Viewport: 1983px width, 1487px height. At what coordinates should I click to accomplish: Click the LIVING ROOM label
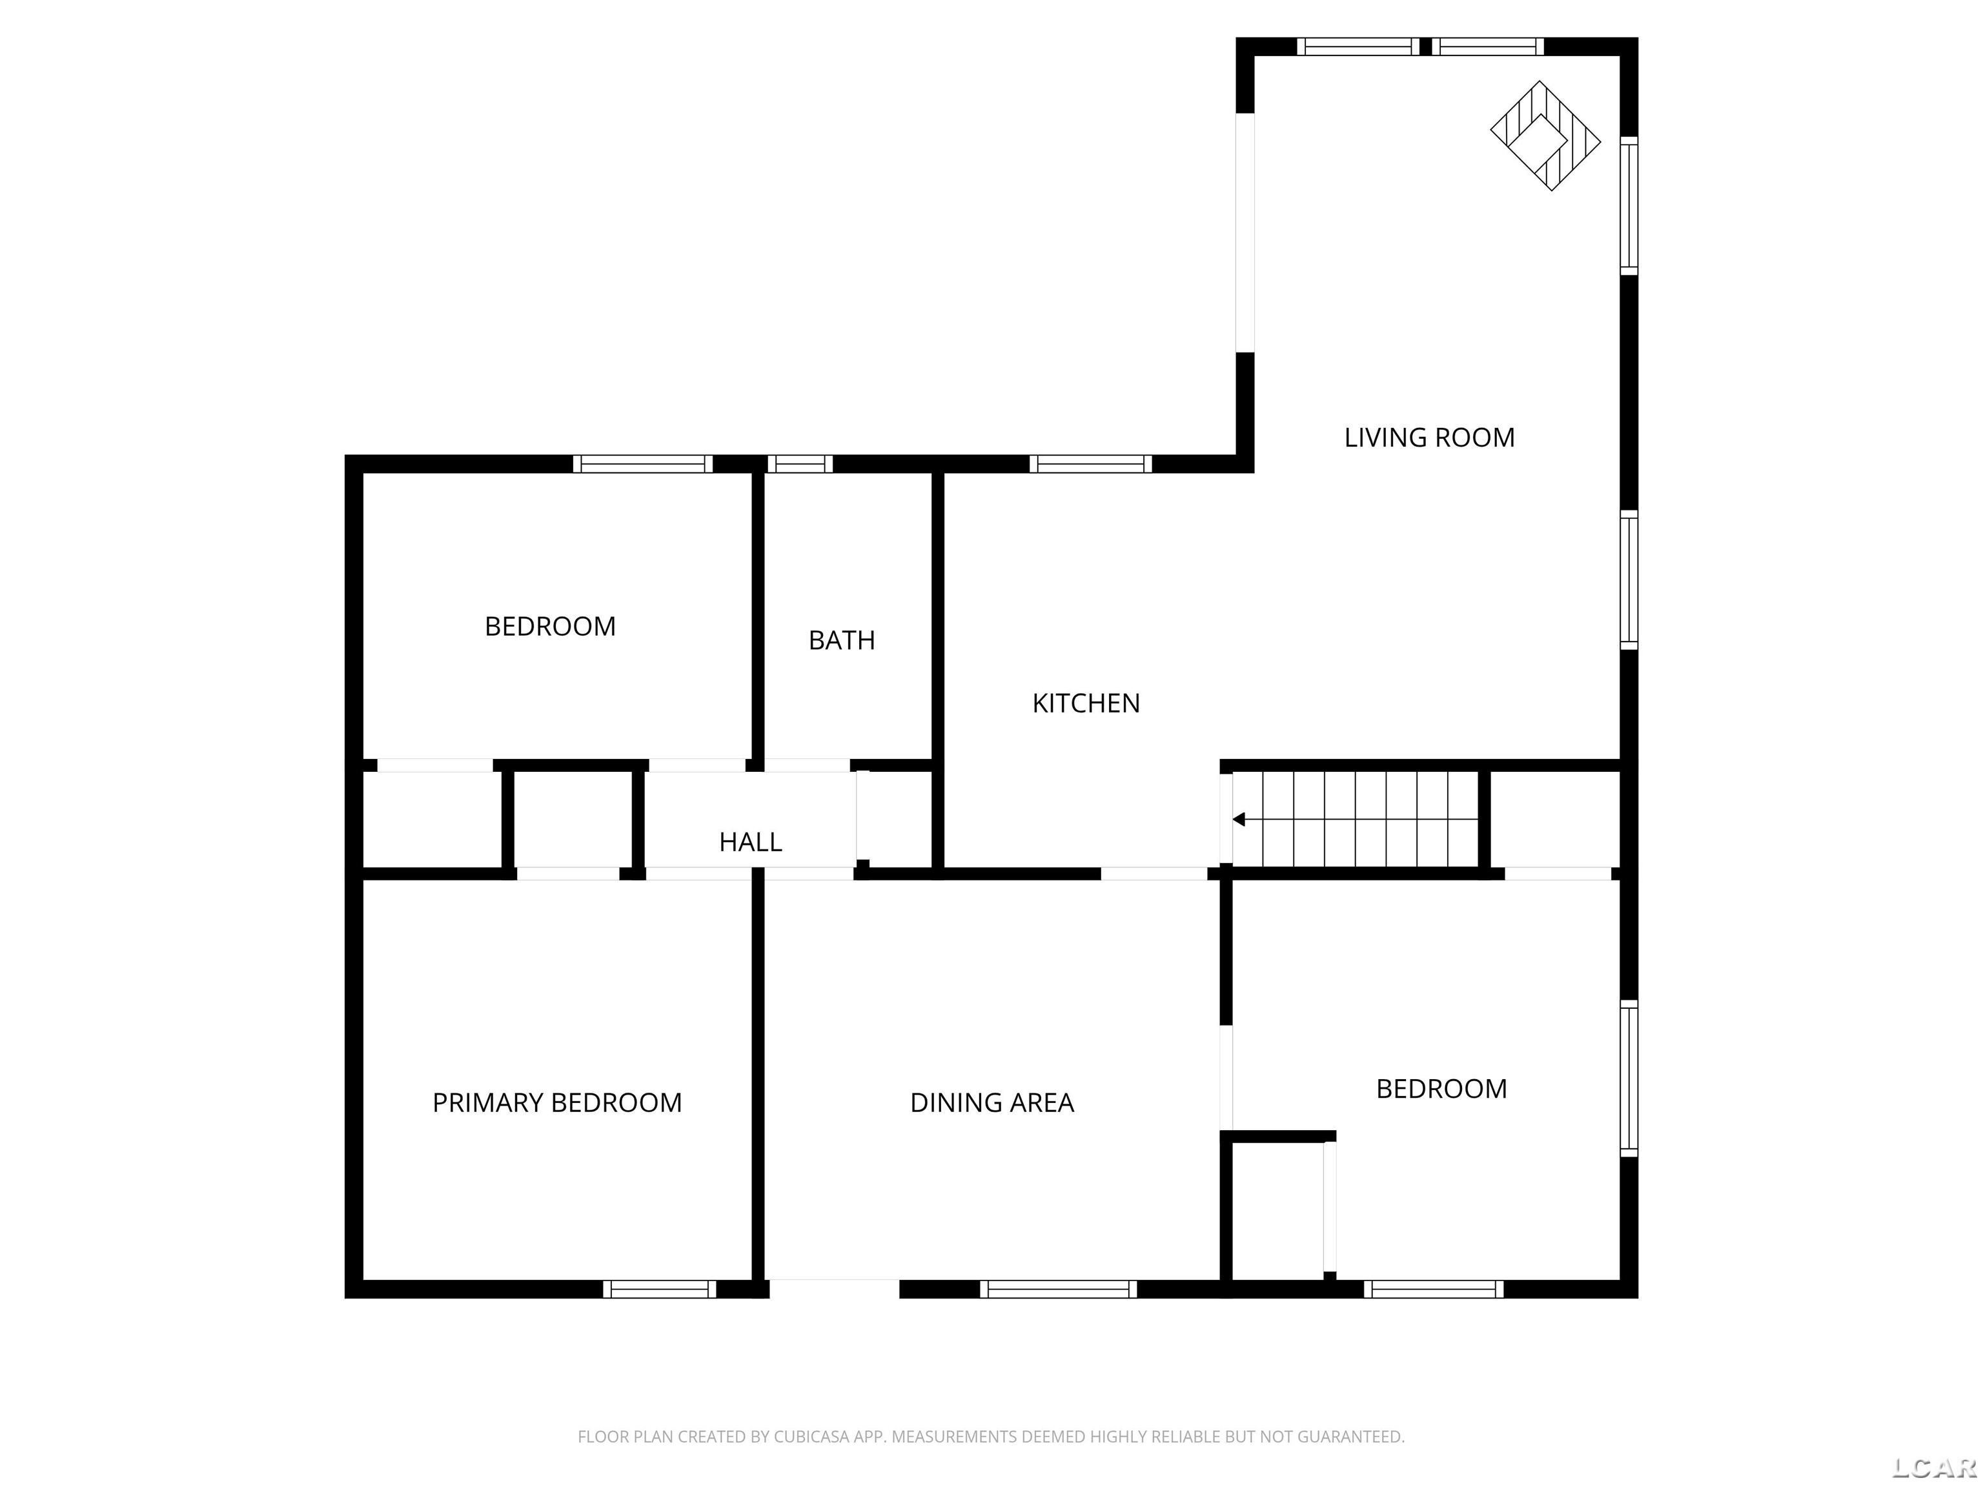[1429, 438]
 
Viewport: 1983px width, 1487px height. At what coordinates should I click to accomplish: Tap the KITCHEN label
[1086, 703]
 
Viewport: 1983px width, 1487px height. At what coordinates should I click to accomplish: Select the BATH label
[841, 641]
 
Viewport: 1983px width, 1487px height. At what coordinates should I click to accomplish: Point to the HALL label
[750, 842]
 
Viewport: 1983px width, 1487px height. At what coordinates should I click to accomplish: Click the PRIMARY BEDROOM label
[556, 1102]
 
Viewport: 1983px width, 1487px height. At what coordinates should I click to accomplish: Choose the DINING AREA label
[991, 1102]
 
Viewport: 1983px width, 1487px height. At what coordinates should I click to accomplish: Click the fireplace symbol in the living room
[1545, 136]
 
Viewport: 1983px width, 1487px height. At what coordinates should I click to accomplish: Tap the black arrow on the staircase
[1239, 819]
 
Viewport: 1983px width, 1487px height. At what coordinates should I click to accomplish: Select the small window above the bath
[800, 464]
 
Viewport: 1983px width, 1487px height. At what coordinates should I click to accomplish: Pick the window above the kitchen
[1090, 464]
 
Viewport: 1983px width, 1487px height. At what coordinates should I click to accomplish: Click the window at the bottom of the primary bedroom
[659, 1289]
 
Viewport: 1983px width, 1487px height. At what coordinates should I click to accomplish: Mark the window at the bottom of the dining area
[1058, 1289]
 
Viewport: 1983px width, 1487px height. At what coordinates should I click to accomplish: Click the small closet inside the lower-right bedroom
[1277, 1210]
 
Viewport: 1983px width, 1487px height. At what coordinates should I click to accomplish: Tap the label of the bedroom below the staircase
[1441, 1089]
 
